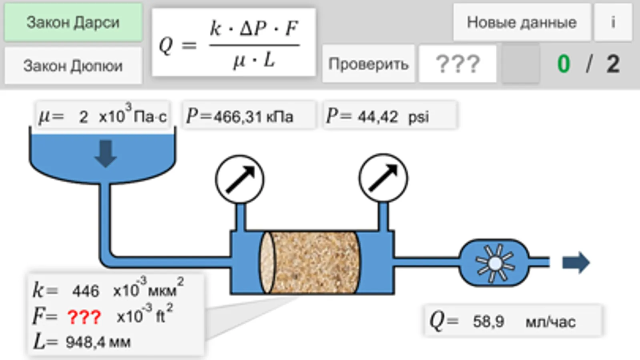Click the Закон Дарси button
click(73, 22)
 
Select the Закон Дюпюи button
click(73, 66)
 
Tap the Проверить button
click(368, 64)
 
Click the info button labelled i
click(613, 22)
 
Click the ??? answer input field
click(457, 64)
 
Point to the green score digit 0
click(564, 64)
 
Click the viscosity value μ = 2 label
click(83, 117)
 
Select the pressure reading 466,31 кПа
click(253, 117)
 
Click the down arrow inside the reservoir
click(106, 153)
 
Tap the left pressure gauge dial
click(240, 179)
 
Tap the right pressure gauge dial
click(383, 178)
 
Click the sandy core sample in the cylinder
click(314, 262)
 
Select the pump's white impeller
click(495, 263)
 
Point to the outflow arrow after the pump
click(576, 262)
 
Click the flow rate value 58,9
click(488, 321)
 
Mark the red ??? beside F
click(84, 317)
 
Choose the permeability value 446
click(86, 291)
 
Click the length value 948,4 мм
click(98, 342)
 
